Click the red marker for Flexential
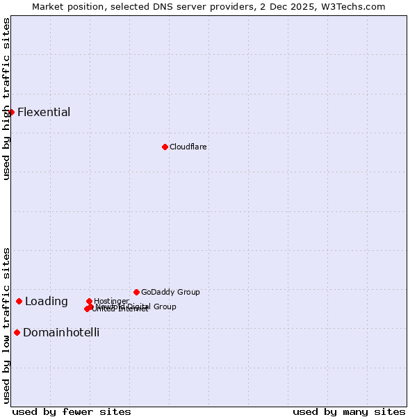coord(11,112)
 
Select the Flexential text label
coord(44,113)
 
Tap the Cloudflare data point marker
coord(165,147)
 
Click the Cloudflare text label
coord(188,147)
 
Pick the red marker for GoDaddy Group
coord(136,292)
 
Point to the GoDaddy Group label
coord(170,293)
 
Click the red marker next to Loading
coord(19,301)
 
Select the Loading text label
coord(47,302)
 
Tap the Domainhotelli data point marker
coord(17,332)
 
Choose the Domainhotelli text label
coord(61,333)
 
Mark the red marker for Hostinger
coord(89,301)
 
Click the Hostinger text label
coord(111,301)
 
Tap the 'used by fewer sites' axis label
coord(72,411)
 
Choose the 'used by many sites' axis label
coord(349,411)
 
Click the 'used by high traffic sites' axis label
coord(6,99)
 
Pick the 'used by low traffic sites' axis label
coord(6,325)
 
